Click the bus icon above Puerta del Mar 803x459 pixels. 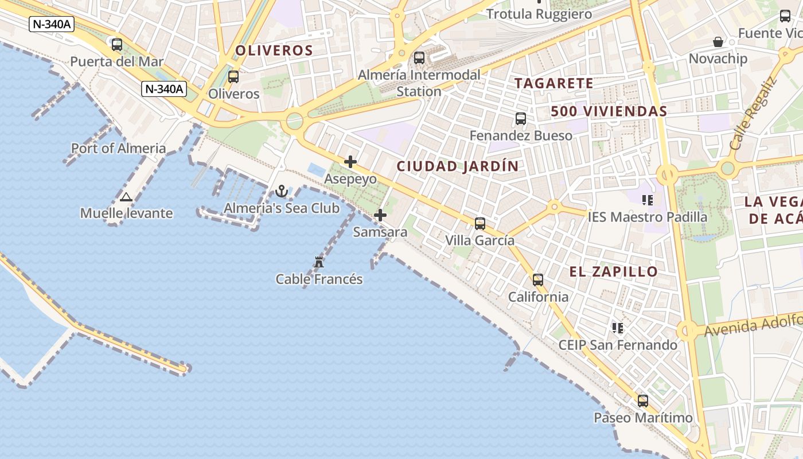pos(117,44)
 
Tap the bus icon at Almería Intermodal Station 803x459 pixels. pos(419,57)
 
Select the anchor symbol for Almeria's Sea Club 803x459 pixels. pos(282,191)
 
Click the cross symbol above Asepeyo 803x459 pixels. pos(350,162)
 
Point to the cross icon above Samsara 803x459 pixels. pos(380,215)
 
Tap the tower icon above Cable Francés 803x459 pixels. pos(319,262)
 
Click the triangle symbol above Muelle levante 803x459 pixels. pos(126,197)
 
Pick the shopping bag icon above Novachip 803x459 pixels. pos(718,42)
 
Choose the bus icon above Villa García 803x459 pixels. pos(480,224)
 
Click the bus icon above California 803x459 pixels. pos(538,280)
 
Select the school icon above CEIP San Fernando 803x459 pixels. pos(618,328)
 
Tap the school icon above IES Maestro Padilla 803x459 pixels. pos(648,200)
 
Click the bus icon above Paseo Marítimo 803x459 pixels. pos(643,401)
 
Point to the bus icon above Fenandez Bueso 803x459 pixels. pos(521,119)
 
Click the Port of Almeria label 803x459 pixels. pos(119,148)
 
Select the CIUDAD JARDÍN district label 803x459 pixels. pos(458,166)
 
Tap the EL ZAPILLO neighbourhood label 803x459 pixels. pos(614,271)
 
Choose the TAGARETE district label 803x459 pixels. pos(554,83)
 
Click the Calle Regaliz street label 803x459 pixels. pos(753,113)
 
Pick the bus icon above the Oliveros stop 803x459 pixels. pos(233,76)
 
